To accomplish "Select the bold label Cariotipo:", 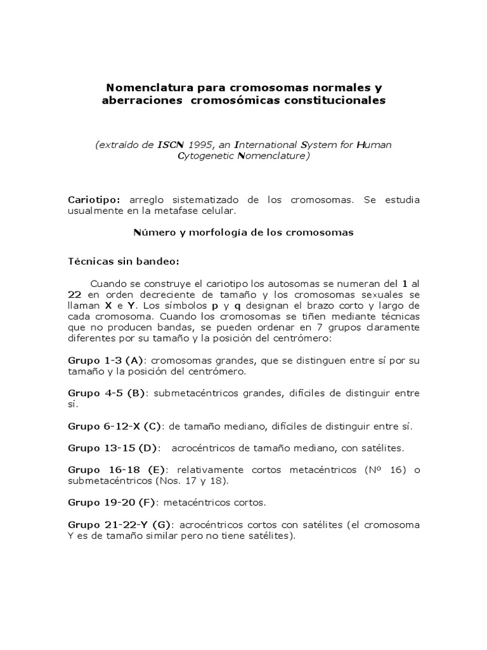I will tap(94, 199).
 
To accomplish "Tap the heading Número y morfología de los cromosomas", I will tap(243, 232).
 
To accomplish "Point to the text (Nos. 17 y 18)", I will tap(191, 481).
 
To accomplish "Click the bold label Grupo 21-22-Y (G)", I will tap(121, 525).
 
